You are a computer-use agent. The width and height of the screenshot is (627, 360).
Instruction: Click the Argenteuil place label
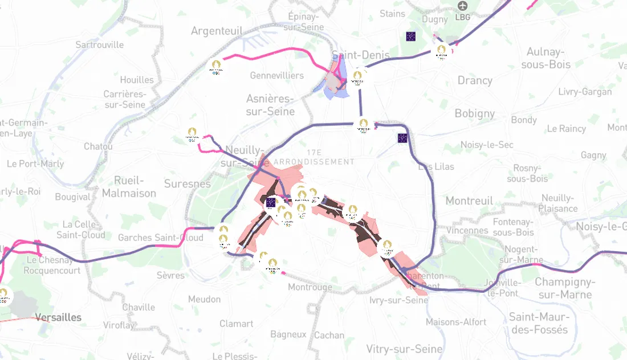(x=217, y=31)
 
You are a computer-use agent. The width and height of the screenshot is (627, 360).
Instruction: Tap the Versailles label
(x=58, y=317)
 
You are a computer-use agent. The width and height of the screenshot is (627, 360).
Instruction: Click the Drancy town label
(x=475, y=80)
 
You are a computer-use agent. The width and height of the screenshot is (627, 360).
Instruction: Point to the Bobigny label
(x=475, y=113)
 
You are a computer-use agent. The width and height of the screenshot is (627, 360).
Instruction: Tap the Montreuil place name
(x=469, y=201)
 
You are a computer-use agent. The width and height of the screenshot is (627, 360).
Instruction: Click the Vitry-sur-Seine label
(x=404, y=349)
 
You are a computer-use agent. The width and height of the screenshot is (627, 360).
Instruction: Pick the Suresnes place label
(x=188, y=184)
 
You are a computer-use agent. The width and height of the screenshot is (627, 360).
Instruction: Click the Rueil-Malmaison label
(x=129, y=187)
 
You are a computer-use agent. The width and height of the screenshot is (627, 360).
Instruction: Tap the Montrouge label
(x=310, y=287)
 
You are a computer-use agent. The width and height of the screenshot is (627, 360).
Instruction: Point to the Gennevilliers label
(x=277, y=75)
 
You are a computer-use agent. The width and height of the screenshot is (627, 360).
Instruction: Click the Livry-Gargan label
(x=585, y=92)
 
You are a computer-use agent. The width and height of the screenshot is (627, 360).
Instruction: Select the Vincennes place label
(x=467, y=231)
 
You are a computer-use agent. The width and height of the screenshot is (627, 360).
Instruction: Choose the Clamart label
(x=236, y=324)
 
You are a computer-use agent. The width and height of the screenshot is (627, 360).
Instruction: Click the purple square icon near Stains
(x=410, y=36)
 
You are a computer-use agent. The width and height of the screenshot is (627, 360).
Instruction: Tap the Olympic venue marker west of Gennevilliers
(x=215, y=67)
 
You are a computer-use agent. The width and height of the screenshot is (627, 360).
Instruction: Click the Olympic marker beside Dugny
(x=441, y=51)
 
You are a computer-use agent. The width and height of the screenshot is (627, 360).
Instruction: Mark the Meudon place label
(x=204, y=299)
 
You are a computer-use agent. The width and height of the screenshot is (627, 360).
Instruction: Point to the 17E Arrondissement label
(x=314, y=157)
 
